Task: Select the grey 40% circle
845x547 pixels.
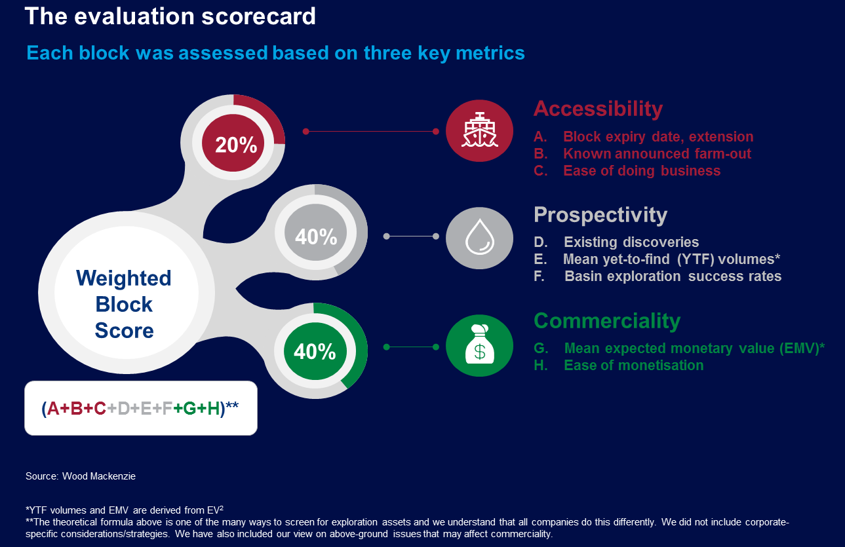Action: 315,236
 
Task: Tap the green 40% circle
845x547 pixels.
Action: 314,352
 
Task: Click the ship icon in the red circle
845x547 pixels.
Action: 479,131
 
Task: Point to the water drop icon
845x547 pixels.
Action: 479,236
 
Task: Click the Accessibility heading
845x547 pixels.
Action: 598,109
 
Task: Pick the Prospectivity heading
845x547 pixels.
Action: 600,215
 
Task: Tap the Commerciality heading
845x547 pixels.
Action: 607,321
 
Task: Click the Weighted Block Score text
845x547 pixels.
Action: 123,304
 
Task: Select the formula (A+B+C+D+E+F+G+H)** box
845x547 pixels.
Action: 140,408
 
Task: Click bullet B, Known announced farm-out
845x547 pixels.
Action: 656,154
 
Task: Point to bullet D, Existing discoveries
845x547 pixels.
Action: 631,242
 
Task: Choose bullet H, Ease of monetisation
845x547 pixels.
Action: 633,366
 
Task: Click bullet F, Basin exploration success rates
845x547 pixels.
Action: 672,276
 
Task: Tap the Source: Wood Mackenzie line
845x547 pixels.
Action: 81,476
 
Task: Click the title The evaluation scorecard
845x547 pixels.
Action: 170,16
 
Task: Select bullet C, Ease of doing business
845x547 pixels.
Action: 641,171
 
